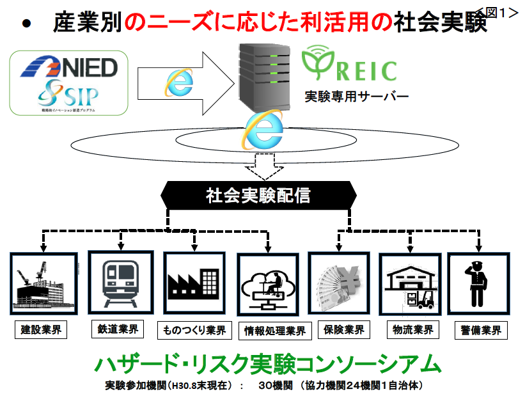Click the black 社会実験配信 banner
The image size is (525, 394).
click(x=258, y=194)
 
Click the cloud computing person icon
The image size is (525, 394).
click(x=267, y=285)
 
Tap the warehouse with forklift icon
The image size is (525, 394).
click(x=409, y=284)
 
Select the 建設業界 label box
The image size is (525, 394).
click(x=43, y=331)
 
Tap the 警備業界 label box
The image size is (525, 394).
click(x=478, y=331)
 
